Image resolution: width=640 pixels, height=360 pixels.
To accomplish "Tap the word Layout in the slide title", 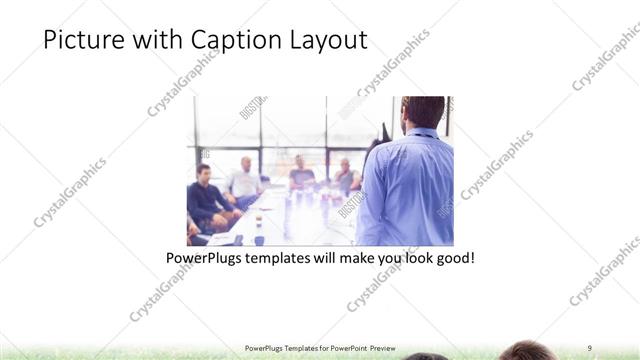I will (x=326, y=40).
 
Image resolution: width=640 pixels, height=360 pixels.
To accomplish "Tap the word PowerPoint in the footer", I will (x=347, y=348).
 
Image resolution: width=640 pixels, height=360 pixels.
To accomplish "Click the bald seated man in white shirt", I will (x=244, y=180).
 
